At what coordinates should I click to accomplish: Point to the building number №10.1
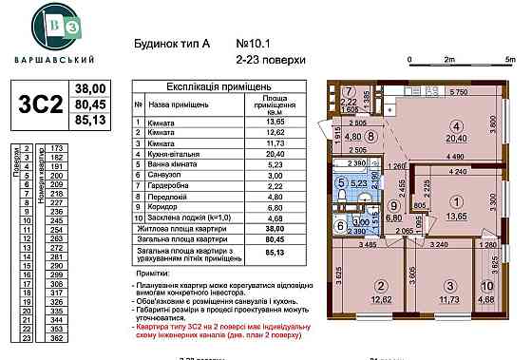click(251, 43)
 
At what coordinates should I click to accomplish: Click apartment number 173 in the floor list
click(56, 149)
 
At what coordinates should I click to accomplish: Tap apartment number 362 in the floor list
click(56, 336)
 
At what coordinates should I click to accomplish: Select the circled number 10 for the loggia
click(485, 286)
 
